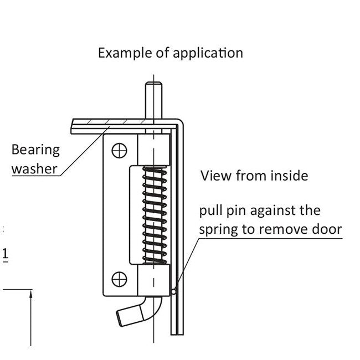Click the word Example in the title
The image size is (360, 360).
[121, 53]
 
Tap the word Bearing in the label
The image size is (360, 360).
[35, 150]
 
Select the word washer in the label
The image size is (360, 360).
[34, 168]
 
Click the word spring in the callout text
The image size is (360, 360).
[219, 229]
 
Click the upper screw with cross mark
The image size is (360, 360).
[119, 150]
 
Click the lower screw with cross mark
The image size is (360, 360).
[119, 279]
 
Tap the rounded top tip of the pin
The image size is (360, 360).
[153, 85]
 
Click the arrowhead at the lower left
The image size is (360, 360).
[32, 296]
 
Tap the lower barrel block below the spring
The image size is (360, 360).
[153, 280]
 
